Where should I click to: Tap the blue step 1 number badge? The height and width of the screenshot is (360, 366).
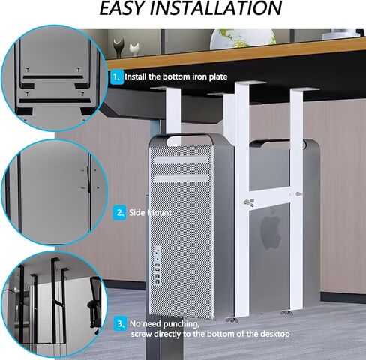pos(117,76)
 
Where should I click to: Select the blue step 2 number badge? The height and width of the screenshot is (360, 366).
pos(119,213)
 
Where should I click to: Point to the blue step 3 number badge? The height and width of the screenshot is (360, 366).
pos(120,323)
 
